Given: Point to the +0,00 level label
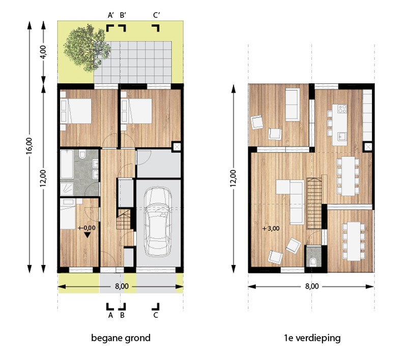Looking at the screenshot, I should pos(88,228).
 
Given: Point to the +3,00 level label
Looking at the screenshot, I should pos(271,228).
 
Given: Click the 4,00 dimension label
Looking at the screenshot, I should pos(43,52).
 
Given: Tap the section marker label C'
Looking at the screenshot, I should pos(157,15).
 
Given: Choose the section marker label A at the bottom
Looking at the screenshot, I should pos(110,315).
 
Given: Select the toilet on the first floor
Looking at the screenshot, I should pos(314,261).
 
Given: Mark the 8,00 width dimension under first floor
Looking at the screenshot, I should pos(312,286).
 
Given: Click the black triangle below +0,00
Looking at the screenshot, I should pos(88,235).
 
